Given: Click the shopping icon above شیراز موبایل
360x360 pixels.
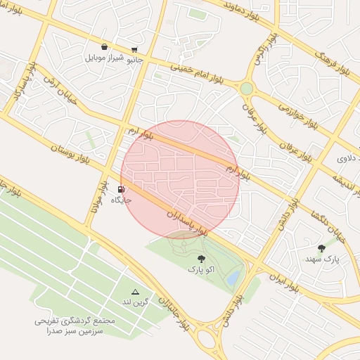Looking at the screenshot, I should click(104, 47).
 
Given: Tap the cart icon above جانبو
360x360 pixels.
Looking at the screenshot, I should click(134, 50).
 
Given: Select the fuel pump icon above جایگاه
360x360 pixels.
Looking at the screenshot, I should click(122, 190).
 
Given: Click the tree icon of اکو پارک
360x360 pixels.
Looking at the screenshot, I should click(202, 259).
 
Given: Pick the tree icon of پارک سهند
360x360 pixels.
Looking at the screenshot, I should click(322, 247).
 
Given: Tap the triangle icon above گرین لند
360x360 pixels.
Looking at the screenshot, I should click(136, 291).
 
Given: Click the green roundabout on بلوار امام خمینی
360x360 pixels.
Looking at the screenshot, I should click(246, 89).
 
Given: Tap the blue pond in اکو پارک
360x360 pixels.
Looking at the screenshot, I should click(232, 278).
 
